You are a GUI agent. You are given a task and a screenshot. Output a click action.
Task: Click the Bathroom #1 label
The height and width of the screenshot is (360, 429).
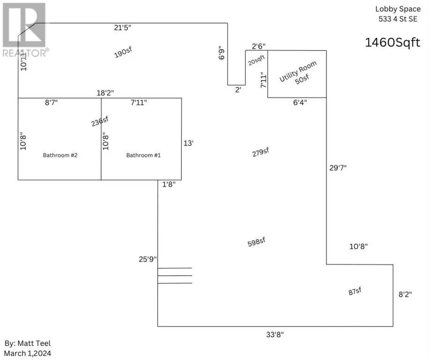click(144, 155)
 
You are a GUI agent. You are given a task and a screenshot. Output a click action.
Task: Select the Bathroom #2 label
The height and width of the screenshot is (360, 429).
click(60, 155)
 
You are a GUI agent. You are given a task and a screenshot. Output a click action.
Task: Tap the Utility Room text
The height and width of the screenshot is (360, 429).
click(298, 71)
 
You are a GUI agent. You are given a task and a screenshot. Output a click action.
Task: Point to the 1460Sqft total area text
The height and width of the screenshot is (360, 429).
click(392, 43)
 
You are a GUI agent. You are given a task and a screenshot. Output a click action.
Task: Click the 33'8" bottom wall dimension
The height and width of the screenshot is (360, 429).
click(274, 334)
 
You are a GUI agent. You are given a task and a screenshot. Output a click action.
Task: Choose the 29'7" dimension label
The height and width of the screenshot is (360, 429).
click(338, 167)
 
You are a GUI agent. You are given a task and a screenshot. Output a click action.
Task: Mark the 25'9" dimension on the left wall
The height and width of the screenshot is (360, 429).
click(148, 258)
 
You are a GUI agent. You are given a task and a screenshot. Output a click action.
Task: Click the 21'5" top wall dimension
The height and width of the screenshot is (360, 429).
click(123, 28)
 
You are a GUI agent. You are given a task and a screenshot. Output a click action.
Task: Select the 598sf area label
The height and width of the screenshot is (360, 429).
click(257, 242)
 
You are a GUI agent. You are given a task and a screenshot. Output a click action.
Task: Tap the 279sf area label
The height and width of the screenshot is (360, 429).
click(260, 153)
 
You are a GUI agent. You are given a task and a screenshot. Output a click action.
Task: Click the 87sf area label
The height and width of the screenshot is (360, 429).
click(355, 291)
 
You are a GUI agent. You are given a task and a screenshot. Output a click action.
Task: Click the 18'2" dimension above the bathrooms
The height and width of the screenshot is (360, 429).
click(105, 93)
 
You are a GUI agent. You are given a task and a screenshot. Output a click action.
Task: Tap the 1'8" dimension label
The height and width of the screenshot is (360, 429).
click(169, 185)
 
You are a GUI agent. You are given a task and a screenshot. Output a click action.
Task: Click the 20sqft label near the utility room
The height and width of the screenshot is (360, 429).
click(256, 60)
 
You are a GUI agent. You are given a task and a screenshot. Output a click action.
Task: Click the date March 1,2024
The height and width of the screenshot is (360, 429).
click(28, 353)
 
